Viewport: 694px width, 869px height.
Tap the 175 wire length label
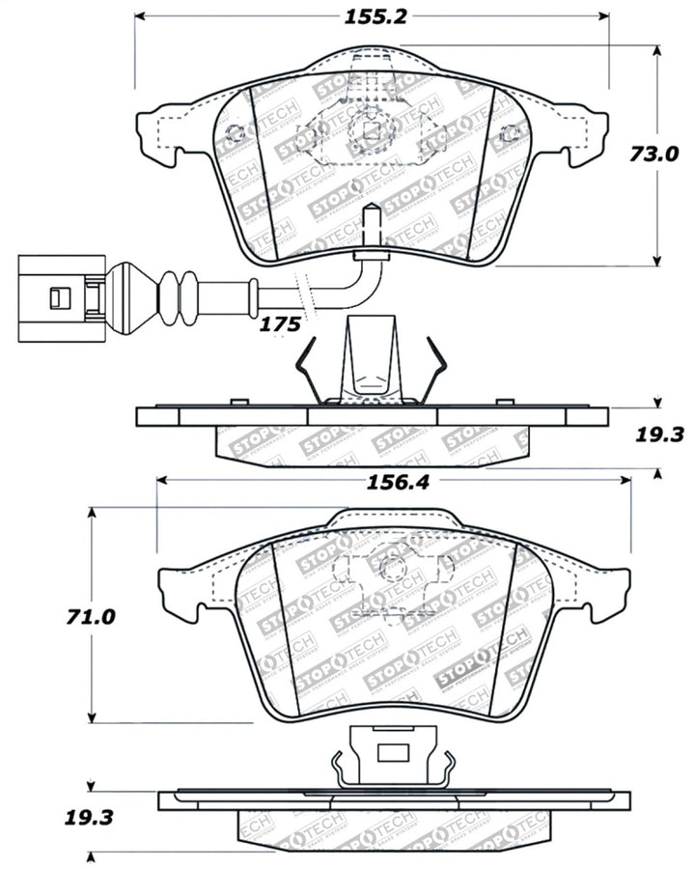280,324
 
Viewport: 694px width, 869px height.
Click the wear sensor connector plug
58,297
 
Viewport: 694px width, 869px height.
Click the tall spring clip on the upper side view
372,362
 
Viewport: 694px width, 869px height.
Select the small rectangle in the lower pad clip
392,753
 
